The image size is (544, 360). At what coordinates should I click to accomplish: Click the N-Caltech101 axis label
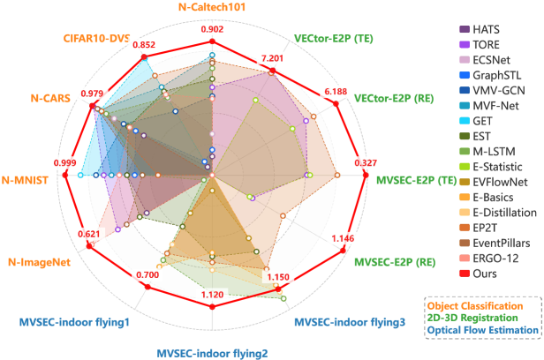tap(211, 7)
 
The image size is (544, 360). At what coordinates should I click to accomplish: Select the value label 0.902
tap(212, 30)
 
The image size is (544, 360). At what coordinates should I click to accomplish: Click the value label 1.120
tap(212, 295)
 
